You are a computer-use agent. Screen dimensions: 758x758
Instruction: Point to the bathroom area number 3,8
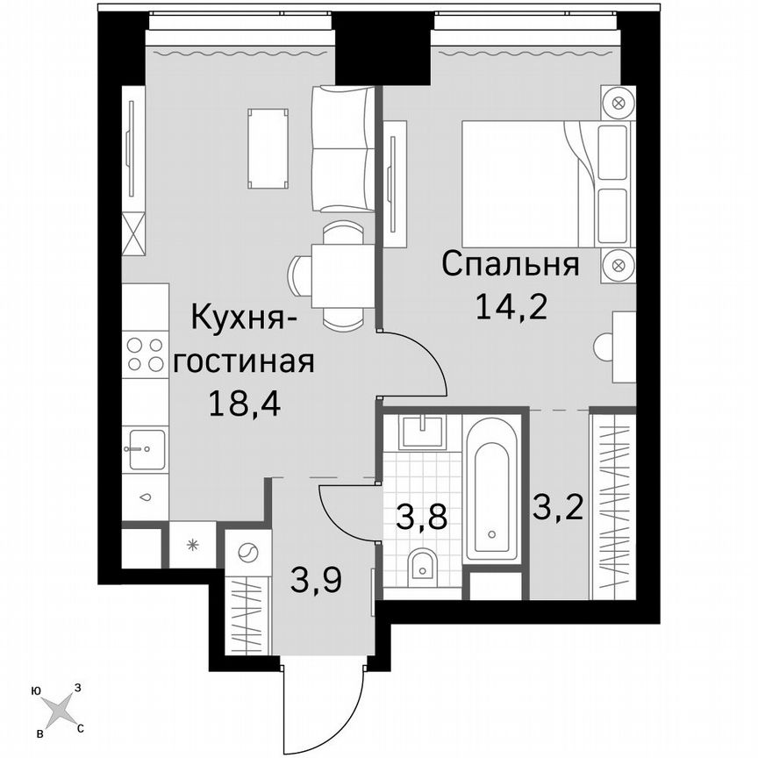pyautogui.click(x=421, y=516)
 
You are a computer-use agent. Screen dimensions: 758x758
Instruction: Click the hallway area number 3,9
pyautogui.click(x=315, y=579)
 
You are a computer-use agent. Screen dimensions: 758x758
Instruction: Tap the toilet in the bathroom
pyautogui.click(x=423, y=566)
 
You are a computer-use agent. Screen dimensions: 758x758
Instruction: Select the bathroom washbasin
pyautogui.click(x=424, y=433)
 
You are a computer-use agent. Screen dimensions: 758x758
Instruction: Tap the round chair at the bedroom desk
pyautogui.click(x=604, y=347)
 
